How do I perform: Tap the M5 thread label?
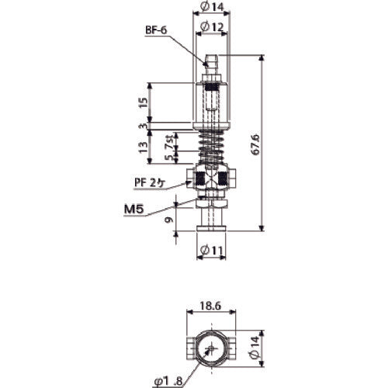137,209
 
